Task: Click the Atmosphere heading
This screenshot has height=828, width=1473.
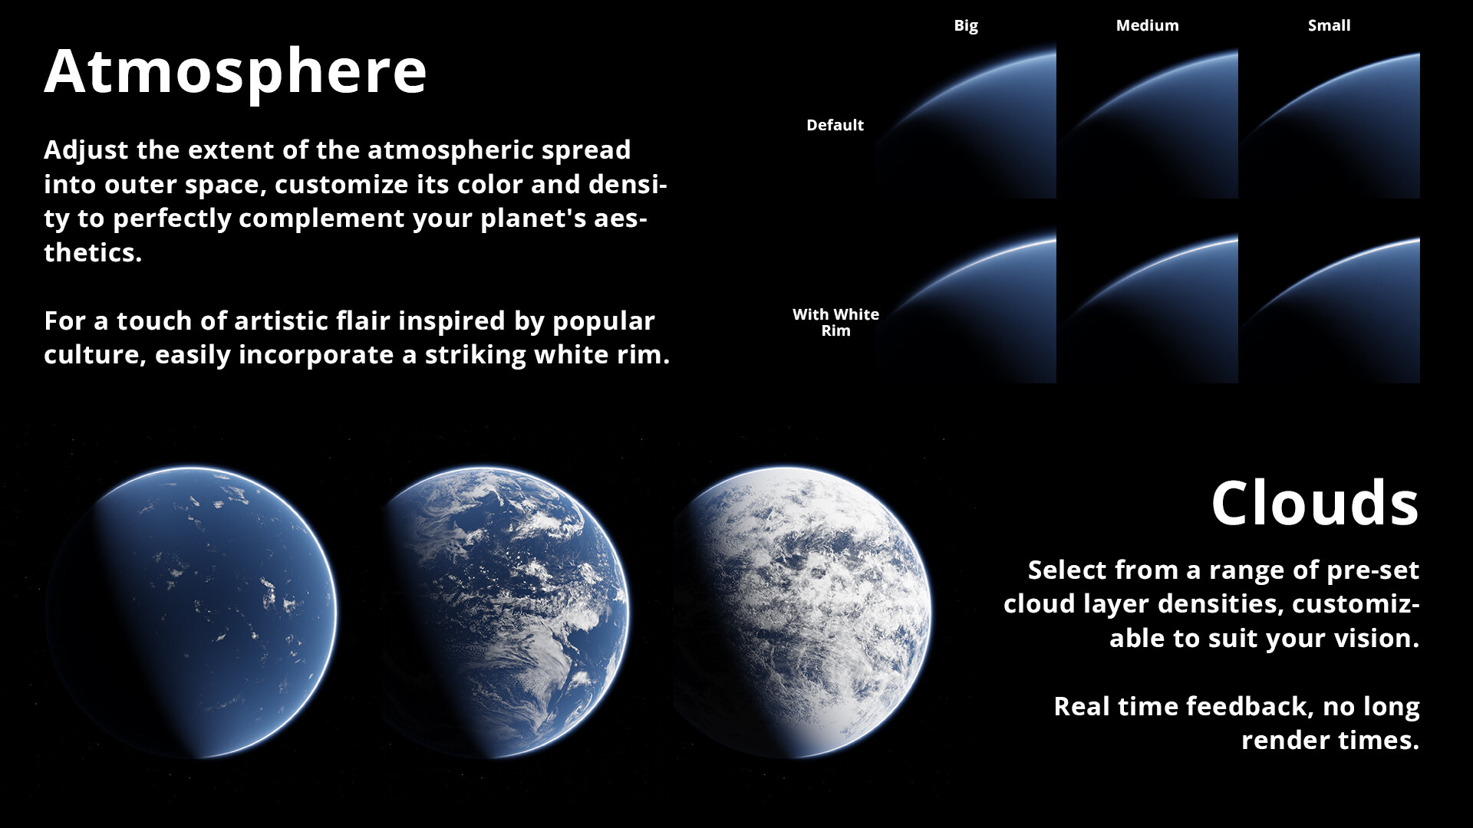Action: click(235, 72)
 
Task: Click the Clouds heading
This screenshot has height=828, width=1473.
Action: click(1314, 504)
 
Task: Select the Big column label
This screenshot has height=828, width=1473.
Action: click(965, 25)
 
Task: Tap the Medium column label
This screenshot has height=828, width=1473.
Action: click(1147, 25)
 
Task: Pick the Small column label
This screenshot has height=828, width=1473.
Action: click(1329, 25)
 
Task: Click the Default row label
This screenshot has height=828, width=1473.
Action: click(835, 125)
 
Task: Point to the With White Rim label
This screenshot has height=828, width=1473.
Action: click(835, 322)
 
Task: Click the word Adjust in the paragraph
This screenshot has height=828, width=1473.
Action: click(86, 150)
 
